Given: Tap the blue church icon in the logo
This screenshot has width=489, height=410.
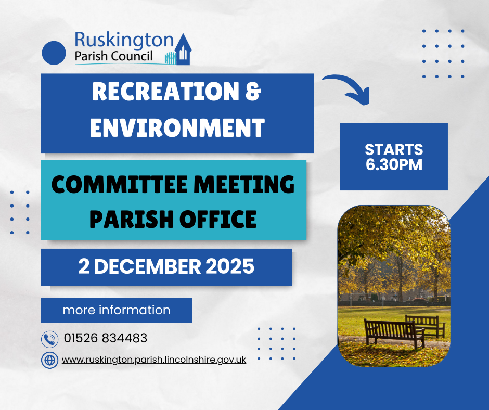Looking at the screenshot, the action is [x=183, y=49].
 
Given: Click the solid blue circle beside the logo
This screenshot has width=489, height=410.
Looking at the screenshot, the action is [x=54, y=53].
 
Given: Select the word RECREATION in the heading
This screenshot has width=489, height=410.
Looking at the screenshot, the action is [x=165, y=92].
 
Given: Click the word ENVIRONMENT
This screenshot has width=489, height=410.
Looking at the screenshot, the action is [x=177, y=127].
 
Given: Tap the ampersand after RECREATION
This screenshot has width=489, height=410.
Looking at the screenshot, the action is [x=253, y=92].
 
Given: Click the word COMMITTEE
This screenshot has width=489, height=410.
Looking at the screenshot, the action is [x=119, y=184].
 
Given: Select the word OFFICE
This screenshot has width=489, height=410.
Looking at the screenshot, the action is [x=217, y=219].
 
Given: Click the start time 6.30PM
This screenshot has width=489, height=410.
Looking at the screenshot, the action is [x=394, y=165].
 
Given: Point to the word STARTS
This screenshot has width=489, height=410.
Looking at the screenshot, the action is [x=394, y=149].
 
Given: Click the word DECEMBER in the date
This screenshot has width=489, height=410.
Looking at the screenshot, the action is [x=148, y=266].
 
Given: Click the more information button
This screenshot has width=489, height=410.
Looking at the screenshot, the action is [x=117, y=310].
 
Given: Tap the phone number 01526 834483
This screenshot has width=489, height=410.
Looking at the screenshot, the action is [x=106, y=338].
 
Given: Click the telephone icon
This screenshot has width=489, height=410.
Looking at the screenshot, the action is [x=49, y=339].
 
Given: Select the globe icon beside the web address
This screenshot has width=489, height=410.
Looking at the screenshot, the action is [x=49, y=360].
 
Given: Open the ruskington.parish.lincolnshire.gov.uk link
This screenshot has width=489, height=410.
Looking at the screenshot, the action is [x=154, y=360].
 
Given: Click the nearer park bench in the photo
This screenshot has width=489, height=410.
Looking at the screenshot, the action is [x=394, y=333].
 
